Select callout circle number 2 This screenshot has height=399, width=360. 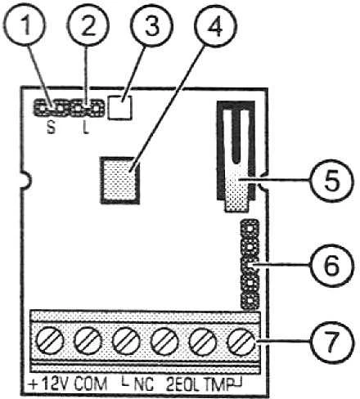[88, 25]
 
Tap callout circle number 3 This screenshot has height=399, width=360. [151, 26]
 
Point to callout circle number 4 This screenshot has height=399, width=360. [216, 26]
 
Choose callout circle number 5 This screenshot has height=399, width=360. [332, 181]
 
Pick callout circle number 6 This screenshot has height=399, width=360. [332, 265]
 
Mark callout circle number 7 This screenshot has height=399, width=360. [332, 341]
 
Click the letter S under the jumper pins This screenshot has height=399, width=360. [51, 128]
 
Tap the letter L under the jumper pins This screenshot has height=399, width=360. [86, 128]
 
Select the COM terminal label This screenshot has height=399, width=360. [91, 384]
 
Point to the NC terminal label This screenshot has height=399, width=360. [144, 384]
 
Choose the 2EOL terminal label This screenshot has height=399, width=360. [182, 384]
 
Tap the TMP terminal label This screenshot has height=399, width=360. [218, 384]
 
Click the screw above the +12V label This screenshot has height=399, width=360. [50, 341]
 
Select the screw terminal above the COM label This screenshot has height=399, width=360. [88, 341]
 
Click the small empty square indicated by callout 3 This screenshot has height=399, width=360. [120, 107]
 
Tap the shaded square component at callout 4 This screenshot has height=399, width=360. [120, 180]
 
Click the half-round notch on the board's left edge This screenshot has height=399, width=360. [26, 180]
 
